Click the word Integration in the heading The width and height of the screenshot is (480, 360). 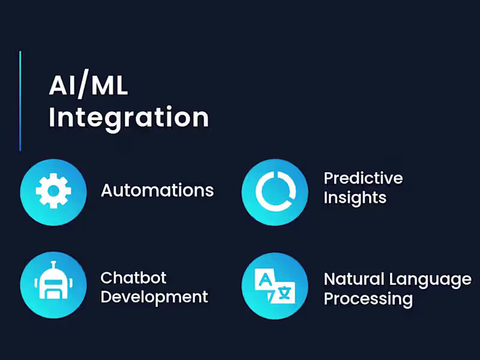(128, 117)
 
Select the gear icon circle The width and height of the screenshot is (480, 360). (53, 191)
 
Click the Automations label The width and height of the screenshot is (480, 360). (157, 191)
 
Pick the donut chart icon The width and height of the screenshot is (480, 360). (275, 191)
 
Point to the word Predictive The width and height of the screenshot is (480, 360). (363, 178)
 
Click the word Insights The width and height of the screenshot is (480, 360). (355, 198)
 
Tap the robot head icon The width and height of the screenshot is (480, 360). (53, 284)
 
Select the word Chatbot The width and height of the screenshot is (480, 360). (133, 278)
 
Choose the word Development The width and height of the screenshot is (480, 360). (154, 296)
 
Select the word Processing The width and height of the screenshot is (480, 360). (368, 298)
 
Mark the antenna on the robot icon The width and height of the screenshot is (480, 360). (53, 266)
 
